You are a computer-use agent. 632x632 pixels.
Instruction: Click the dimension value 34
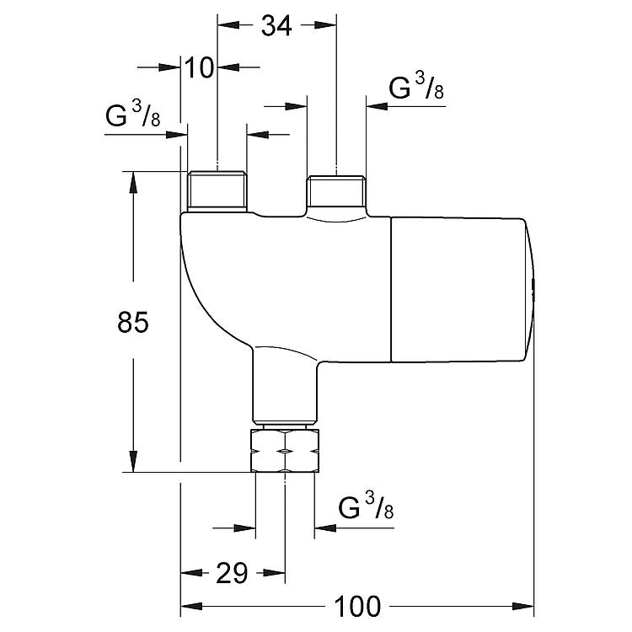coord(276,26)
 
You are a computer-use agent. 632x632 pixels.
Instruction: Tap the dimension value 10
coord(199,67)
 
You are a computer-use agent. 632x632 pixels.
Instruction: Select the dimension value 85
coord(133,322)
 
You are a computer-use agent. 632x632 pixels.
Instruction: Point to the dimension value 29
coord(232,573)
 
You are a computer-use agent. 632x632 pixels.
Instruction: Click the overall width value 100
coord(357,606)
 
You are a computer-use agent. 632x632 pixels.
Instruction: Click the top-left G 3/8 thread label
coord(133,115)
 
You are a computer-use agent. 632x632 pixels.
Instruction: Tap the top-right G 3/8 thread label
coord(416,87)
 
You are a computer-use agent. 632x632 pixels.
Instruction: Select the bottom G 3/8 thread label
coord(366,506)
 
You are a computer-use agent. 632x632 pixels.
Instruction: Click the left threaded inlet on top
coord(217,191)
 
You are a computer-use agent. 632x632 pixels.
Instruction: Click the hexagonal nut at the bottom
coord(285,451)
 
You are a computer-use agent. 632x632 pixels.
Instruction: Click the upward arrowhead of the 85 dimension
coord(133,183)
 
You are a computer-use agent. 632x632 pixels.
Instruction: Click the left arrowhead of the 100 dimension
coord(191,606)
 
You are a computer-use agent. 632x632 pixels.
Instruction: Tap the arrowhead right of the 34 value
coord(325,25)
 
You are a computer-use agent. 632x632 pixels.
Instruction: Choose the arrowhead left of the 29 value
coord(191,572)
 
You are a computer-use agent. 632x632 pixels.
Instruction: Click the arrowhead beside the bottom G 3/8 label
coord(325,528)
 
